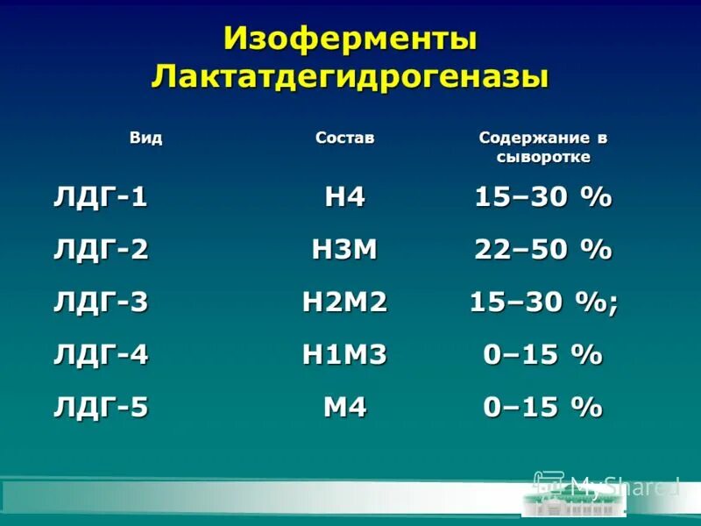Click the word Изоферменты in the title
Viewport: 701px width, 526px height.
click(x=350, y=39)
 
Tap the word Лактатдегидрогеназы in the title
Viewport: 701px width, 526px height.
click(x=350, y=76)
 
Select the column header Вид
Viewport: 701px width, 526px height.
click(x=146, y=139)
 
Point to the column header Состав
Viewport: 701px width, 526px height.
click(x=344, y=139)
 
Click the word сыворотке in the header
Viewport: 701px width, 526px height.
click(x=543, y=158)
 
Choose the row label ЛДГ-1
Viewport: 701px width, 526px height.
click(x=100, y=197)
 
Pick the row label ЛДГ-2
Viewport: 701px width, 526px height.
click(x=100, y=250)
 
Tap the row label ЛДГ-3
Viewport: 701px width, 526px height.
click(x=100, y=302)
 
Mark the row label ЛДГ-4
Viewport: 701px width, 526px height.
click(x=100, y=355)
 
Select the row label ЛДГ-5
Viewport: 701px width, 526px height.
click(x=100, y=408)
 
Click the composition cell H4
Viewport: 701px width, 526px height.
click(x=344, y=197)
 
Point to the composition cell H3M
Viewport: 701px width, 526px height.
click(x=344, y=250)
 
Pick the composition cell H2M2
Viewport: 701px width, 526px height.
click(x=344, y=302)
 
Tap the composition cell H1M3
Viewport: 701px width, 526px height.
click(x=344, y=355)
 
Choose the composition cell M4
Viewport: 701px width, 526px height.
click(x=344, y=408)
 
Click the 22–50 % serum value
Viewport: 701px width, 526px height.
click(x=542, y=250)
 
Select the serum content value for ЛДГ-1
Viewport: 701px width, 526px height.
click(x=542, y=197)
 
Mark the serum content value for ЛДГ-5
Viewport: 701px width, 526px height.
click(x=542, y=408)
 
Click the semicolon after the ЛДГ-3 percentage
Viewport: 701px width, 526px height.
click(x=612, y=305)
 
